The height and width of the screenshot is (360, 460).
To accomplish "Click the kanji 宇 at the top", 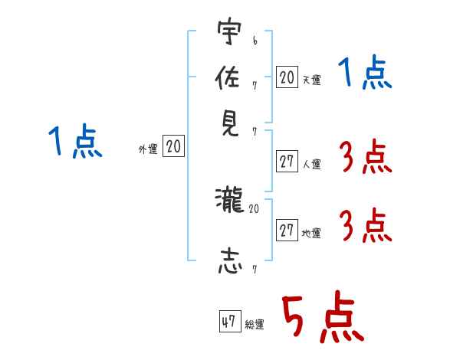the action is click(229, 31).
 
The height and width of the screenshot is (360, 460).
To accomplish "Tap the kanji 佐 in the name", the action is click(228, 77).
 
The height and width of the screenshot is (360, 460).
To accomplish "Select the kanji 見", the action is click(230, 124).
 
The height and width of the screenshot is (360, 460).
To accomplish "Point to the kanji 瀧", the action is click(229, 200).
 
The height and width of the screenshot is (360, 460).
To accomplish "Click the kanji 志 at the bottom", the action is click(230, 261).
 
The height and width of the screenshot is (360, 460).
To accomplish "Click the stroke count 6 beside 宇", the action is click(255, 41).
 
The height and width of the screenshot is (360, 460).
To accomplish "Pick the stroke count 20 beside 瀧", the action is click(254, 209).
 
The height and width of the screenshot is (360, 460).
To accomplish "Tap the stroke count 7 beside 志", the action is click(255, 270).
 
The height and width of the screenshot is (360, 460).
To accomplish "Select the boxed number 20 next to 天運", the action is click(287, 77).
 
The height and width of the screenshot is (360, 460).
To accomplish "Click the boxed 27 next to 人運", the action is click(287, 162).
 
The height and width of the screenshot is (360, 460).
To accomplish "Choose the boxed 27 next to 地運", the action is click(287, 230).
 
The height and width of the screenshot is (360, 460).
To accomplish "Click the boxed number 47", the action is click(230, 321).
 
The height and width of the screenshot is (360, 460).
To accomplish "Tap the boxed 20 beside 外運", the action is click(173, 146).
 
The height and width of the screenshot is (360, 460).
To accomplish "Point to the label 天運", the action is click(311, 80).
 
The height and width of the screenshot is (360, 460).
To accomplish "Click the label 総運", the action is click(255, 324).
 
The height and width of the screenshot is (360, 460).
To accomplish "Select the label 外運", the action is click(148, 149).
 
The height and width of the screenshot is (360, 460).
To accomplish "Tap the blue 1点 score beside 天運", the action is click(365, 72).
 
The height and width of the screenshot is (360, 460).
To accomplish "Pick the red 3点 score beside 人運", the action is click(366, 156).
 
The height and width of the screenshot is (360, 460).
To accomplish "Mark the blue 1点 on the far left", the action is click(75, 141).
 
